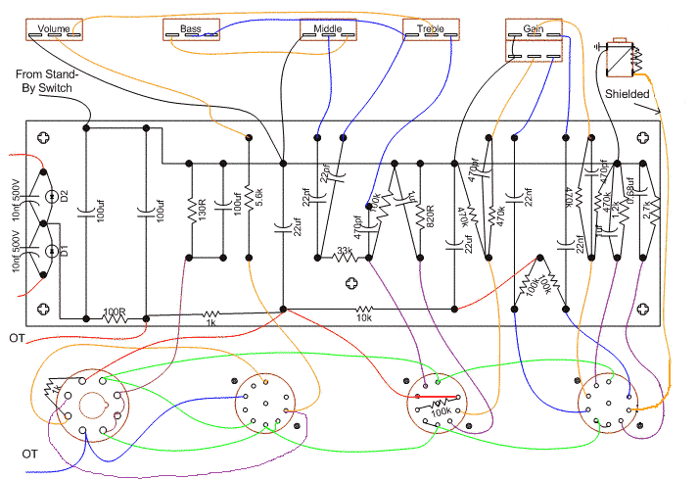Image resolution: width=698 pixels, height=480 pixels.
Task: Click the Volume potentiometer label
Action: pos(54,28)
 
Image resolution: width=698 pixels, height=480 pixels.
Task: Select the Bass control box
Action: pos(190,30)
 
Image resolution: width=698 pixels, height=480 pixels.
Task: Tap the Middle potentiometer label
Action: pos(328,29)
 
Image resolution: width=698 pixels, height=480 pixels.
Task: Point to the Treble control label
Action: pos(431,29)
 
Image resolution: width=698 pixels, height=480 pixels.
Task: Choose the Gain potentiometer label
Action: pos(534,29)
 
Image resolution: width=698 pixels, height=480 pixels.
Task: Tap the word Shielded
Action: pos(626,94)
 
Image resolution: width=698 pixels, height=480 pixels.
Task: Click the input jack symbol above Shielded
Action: pos(621,58)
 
